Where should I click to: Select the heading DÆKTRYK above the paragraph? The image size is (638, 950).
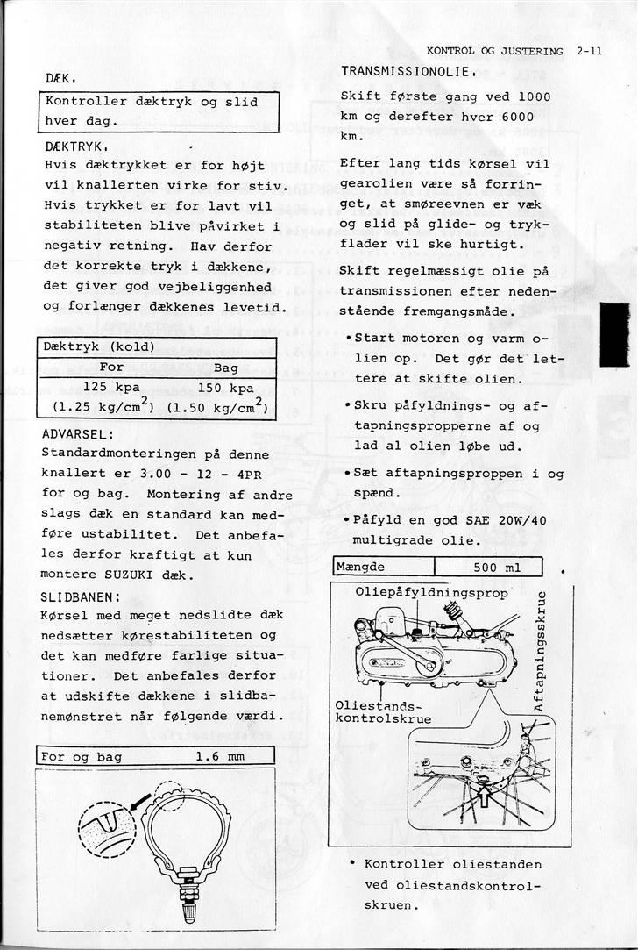[74, 146]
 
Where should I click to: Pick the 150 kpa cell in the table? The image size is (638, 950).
[224, 387]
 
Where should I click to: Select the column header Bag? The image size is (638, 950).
[226, 368]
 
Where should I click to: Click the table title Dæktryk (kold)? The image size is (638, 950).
[99, 346]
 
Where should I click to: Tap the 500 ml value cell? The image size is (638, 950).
[497, 567]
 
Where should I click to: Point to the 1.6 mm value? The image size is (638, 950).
[219, 756]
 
